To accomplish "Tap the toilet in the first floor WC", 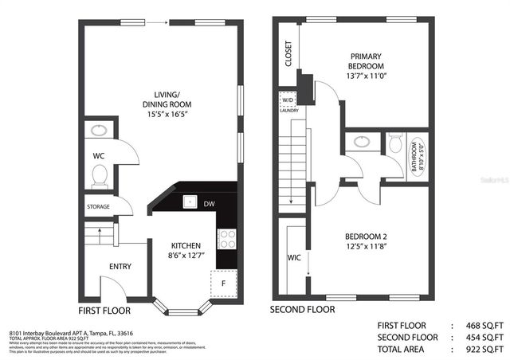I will (x=100, y=176).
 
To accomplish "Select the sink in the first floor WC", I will (x=100, y=130).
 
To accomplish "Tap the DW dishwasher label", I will (x=209, y=205).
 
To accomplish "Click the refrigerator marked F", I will (x=223, y=282).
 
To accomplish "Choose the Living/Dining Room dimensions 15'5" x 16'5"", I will (x=167, y=115).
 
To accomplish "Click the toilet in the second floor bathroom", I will (x=395, y=146).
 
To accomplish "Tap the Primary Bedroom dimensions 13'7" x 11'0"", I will (x=367, y=76).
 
